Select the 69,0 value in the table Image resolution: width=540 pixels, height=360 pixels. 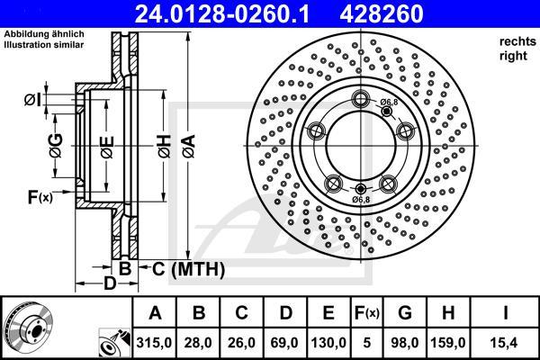click(x=285, y=343)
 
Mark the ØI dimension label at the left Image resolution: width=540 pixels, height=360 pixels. click(x=32, y=99)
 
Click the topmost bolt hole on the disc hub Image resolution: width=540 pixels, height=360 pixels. click(x=362, y=99)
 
